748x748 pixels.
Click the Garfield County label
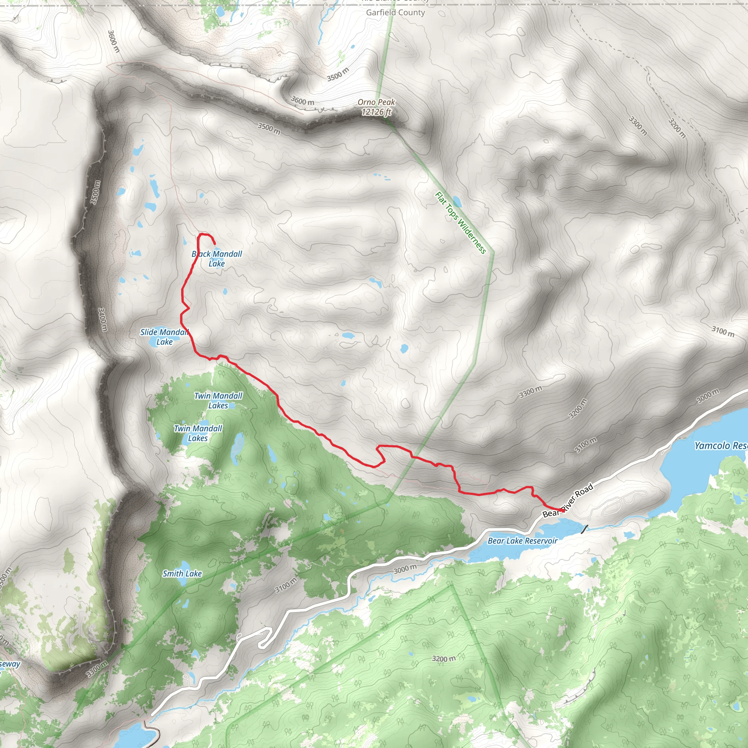coord(395,12)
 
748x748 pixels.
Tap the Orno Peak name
coord(376,102)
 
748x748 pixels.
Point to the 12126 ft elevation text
coord(376,112)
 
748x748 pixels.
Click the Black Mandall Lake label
coord(217,259)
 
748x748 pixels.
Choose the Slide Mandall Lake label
coord(164,337)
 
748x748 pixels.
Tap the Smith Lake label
coord(182,574)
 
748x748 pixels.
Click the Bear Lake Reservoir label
coord(522,541)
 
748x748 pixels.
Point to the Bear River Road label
coord(568,500)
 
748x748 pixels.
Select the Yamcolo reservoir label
coord(721,446)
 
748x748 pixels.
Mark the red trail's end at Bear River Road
coord(561,511)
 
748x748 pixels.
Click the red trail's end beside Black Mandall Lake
coord(214,244)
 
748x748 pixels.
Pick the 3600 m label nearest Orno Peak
coord(302,101)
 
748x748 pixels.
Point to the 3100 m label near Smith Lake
coord(286,585)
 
